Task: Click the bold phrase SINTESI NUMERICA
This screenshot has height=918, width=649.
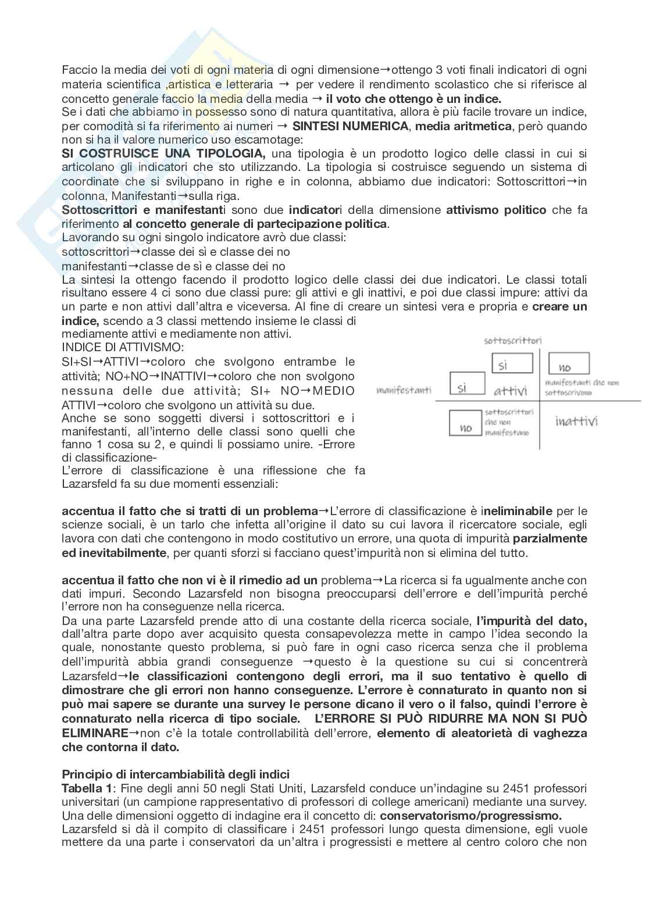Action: pos(351,126)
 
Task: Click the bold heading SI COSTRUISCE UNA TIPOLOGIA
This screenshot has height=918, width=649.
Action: pos(163,154)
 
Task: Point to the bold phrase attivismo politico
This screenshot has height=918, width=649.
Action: pos(496,210)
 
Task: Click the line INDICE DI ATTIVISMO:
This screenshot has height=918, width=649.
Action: pos(122,348)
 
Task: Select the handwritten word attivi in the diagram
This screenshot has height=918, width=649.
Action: pos(511,390)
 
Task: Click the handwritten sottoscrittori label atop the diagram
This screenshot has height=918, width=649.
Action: pos(513,341)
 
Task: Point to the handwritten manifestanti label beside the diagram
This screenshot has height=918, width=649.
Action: pos(404,390)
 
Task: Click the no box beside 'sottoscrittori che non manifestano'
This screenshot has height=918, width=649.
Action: pos(466,423)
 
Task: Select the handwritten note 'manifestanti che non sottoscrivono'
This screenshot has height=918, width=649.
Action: pos(582,388)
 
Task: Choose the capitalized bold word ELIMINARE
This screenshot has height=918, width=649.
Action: pos(95,733)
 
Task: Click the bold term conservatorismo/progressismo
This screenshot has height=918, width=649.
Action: pos(470,816)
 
